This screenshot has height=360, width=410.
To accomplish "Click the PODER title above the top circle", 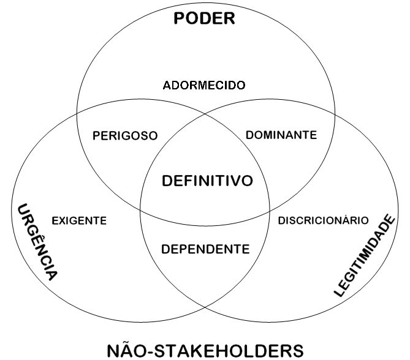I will [204, 18].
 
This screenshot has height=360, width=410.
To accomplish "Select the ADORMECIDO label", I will [204, 85].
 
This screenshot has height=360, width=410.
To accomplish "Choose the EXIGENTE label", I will [79, 220].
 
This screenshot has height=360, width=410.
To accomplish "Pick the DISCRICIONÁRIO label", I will [323, 220].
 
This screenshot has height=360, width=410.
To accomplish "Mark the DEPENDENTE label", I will [205, 249].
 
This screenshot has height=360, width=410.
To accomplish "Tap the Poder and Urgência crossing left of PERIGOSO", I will [77, 113].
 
